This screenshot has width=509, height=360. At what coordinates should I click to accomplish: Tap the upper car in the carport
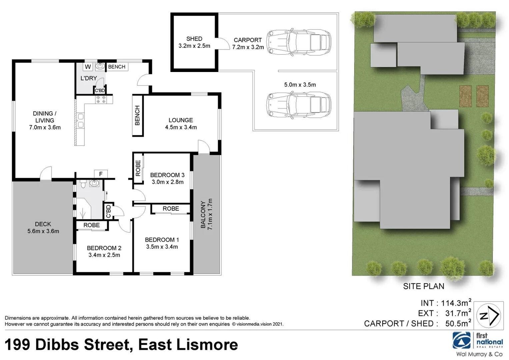(x=299, y=42)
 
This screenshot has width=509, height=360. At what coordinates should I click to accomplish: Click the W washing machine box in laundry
(x=88, y=67)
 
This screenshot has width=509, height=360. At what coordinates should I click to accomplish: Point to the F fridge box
(x=101, y=174)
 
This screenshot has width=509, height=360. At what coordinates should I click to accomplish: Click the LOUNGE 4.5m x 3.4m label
(x=181, y=124)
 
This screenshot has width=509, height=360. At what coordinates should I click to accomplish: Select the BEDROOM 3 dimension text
(x=167, y=182)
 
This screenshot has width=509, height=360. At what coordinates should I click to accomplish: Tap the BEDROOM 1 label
(x=162, y=240)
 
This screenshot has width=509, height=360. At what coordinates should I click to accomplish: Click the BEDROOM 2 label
(x=104, y=248)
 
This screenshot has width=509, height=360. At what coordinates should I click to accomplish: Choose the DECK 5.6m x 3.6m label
(x=43, y=228)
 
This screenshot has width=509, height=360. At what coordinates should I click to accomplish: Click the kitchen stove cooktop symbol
(x=101, y=99)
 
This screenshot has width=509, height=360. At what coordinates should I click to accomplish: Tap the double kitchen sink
(x=80, y=121)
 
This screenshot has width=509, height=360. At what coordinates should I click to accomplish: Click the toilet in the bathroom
(x=83, y=183)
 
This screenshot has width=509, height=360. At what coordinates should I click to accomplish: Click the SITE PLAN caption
(x=423, y=286)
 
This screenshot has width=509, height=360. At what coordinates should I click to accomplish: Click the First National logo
(x=478, y=341)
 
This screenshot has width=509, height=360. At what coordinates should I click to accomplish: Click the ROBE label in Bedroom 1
(x=171, y=209)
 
